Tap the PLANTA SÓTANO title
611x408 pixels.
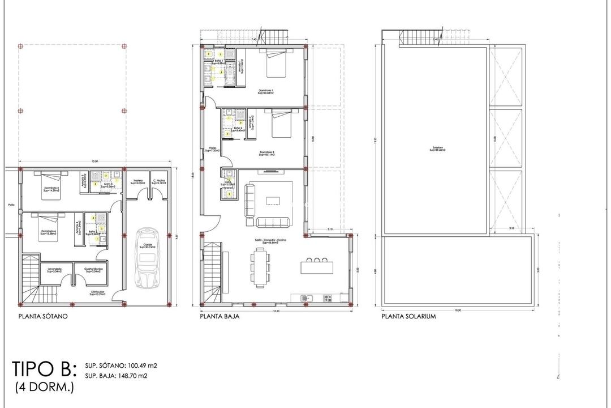(x=43, y=317)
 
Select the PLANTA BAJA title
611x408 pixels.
(x=219, y=317)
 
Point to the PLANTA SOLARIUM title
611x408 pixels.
(x=408, y=317)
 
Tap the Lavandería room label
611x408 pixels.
(x=55, y=270)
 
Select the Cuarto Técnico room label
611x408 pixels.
(x=93, y=270)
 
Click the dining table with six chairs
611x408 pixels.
(x=257, y=268)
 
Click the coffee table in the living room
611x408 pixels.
(x=273, y=200)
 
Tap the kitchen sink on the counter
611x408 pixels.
(x=305, y=297)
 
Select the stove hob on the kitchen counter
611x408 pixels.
(x=328, y=297)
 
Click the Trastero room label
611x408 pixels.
(x=137, y=182)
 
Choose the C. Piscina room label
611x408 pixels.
(x=158, y=182)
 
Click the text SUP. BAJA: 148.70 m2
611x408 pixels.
(x=117, y=376)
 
